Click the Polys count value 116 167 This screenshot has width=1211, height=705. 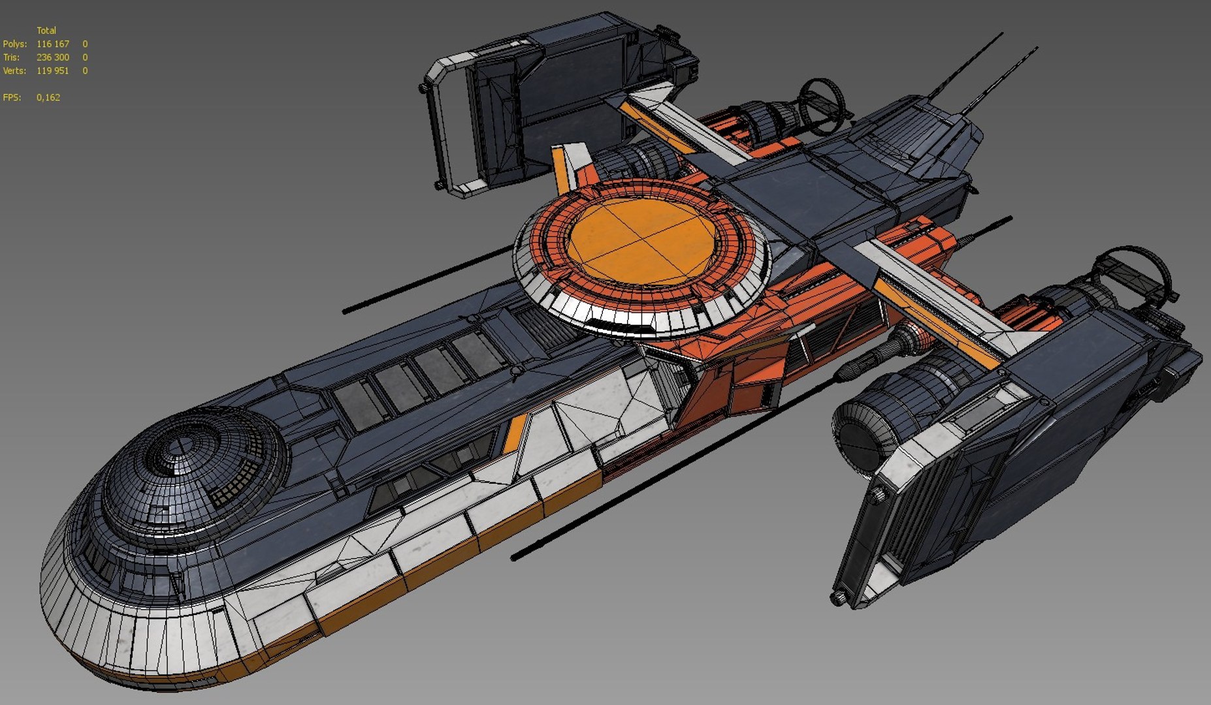point(52,44)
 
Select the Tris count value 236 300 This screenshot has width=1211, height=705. point(52,57)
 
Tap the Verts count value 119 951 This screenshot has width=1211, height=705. point(52,70)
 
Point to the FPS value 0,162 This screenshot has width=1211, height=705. point(48,97)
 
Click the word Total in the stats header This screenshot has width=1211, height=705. point(46,30)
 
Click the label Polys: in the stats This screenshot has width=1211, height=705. point(14,44)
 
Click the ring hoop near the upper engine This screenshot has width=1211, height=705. point(823,104)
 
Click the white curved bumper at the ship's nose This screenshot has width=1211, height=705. point(131,627)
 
